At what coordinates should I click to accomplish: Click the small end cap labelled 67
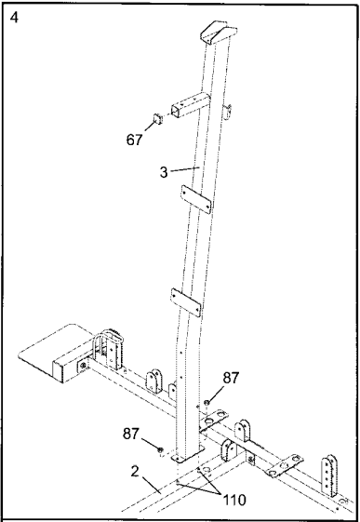(157, 118)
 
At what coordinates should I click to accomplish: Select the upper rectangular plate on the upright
(191, 198)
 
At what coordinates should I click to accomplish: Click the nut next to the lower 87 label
(162, 451)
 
